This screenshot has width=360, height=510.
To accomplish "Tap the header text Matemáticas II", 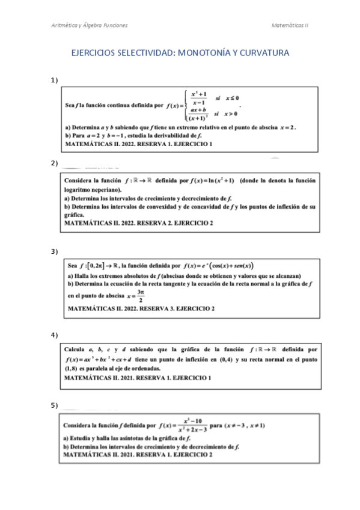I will (290, 25).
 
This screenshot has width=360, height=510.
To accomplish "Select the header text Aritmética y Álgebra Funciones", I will (88, 25).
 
